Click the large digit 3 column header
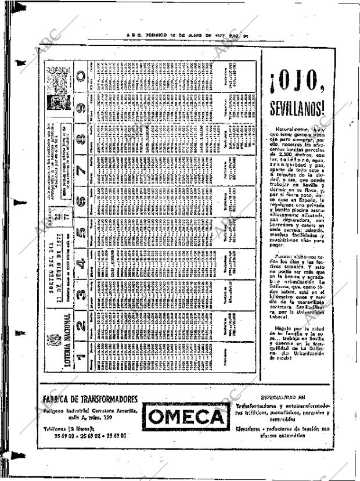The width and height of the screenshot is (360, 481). click(x=81, y=286)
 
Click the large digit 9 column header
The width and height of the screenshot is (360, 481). click(x=81, y=107)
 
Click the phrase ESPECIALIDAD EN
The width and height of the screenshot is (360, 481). click(x=282, y=397)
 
